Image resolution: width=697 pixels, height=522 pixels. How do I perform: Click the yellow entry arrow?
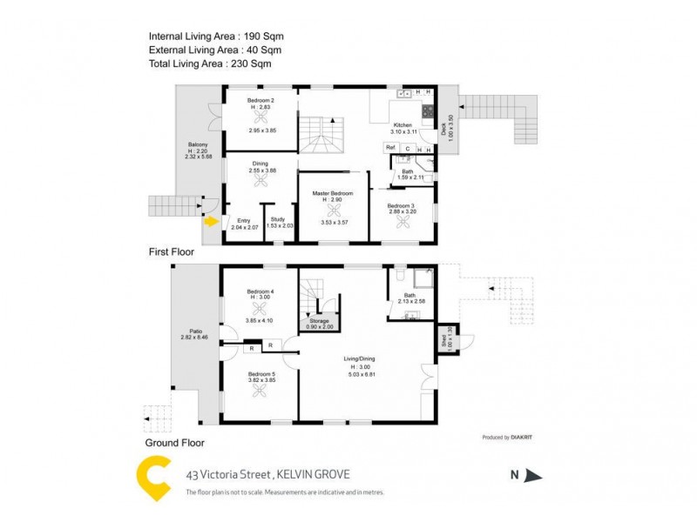pyautogui.click(x=210, y=221)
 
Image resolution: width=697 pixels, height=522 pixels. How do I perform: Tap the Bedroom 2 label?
pyautogui.click(x=261, y=101)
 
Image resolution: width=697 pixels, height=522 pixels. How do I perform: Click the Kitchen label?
pyautogui.click(x=402, y=125)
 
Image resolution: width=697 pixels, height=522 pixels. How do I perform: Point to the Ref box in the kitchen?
pyautogui.click(x=391, y=148)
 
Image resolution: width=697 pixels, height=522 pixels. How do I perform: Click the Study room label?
pyautogui.click(x=278, y=220)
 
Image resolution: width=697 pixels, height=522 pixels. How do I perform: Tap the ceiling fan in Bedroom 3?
pyautogui.click(x=403, y=221)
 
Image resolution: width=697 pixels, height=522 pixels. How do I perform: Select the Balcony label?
pyautogui.click(x=197, y=145)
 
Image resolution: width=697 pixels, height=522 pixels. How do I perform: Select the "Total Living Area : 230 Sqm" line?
pyautogui.click(x=210, y=64)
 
